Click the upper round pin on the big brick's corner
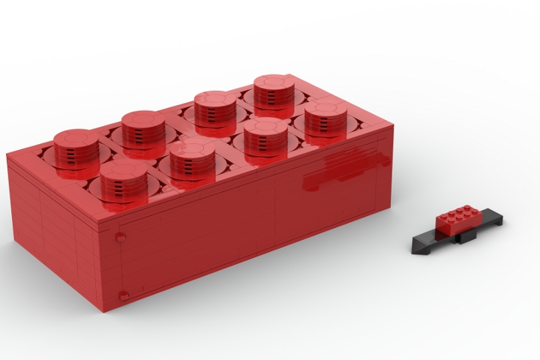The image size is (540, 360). point(120,237)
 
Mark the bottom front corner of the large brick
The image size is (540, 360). point(103,307)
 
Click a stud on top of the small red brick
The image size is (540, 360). point(458,211)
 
